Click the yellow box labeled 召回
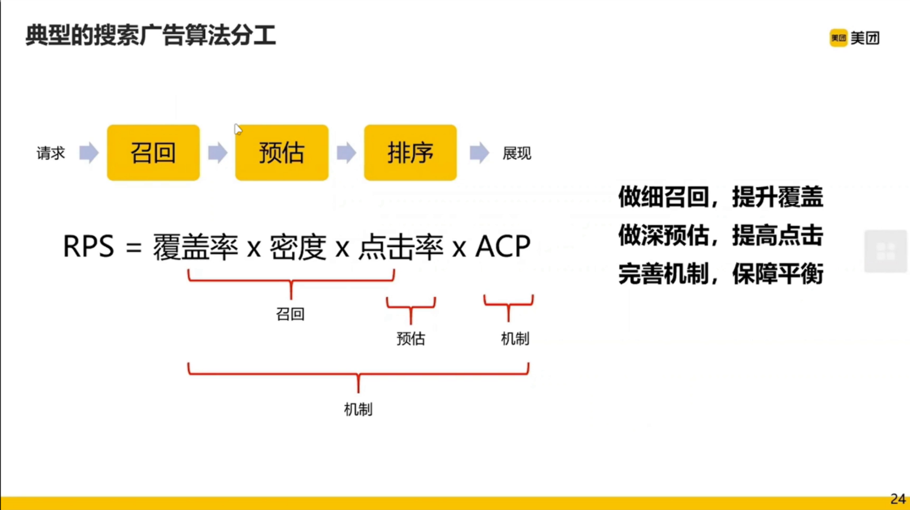point(153,152)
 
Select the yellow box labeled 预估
point(282,152)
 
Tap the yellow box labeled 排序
point(410,152)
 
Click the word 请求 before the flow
point(50,154)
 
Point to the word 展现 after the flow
point(517,154)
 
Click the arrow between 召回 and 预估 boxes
point(217,152)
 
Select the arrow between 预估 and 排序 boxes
point(346,152)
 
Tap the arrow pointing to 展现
point(479,152)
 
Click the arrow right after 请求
point(89,152)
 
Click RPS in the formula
point(88,247)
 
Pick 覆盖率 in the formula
point(195,247)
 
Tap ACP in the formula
point(503,247)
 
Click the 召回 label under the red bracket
point(290,314)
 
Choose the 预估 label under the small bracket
point(411,338)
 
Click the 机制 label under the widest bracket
point(358,409)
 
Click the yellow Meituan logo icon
point(838,38)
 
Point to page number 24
point(898,499)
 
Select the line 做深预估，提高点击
point(720,236)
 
